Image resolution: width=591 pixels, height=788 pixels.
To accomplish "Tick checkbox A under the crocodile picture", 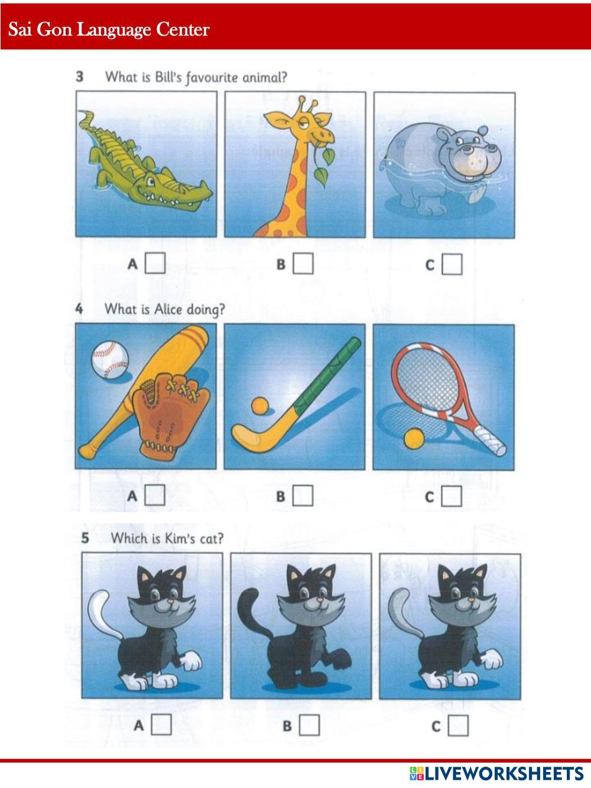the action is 155,263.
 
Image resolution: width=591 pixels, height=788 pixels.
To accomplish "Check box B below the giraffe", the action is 303,264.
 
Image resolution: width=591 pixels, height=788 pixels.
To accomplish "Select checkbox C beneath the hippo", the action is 452,265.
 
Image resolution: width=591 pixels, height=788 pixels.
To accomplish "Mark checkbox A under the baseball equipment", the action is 155,495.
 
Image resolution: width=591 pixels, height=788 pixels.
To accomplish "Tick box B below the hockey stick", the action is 303,496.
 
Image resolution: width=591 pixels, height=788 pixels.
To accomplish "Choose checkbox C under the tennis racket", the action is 452,497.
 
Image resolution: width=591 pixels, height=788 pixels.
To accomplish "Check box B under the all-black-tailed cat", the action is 309,725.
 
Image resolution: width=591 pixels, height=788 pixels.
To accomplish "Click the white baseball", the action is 110,359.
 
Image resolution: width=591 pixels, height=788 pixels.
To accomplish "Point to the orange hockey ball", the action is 260,406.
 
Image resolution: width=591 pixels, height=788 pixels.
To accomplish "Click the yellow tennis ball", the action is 414,439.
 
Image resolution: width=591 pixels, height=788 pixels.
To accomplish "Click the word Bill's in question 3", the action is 168,77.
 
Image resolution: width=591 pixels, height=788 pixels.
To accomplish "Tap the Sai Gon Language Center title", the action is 109,30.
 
